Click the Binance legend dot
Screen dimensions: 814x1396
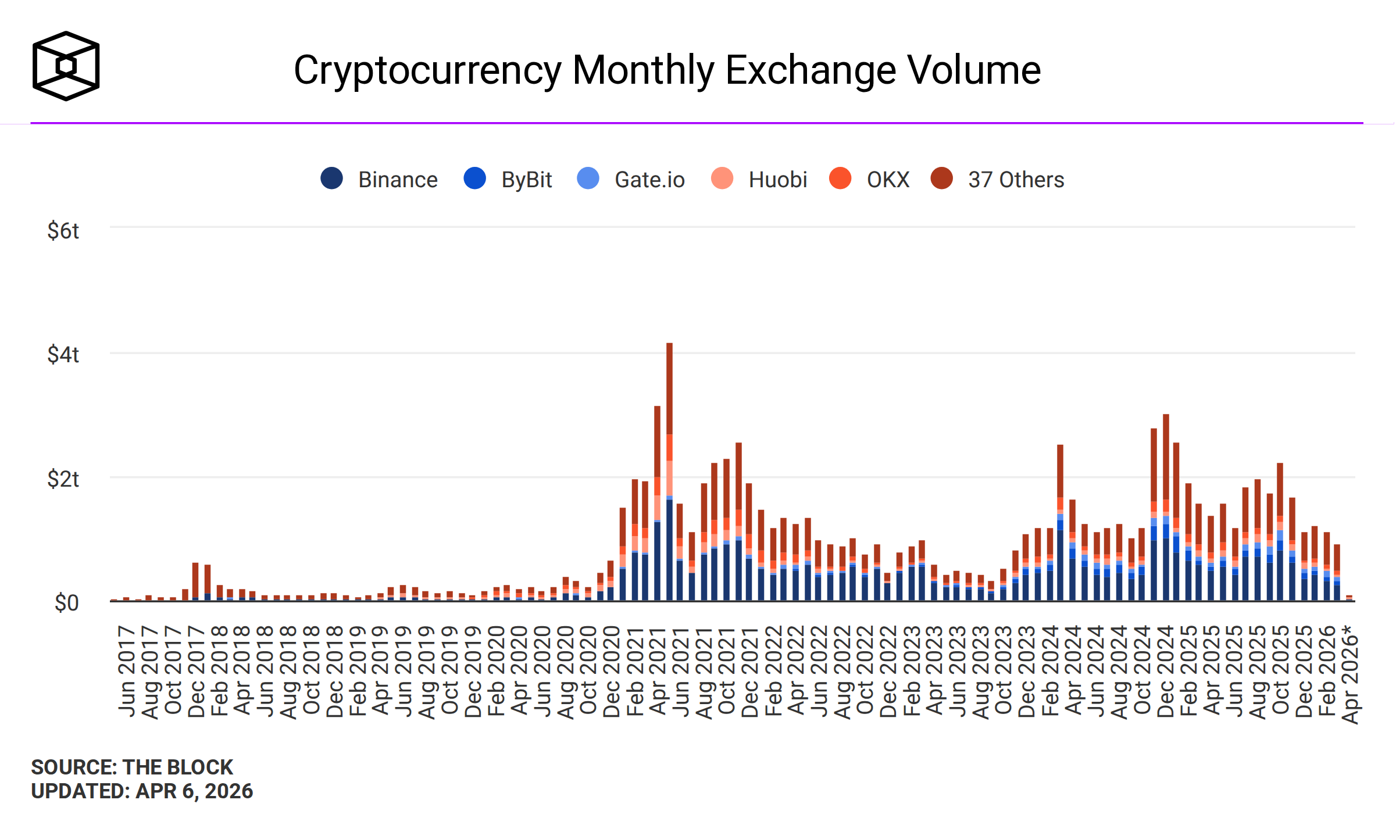[331, 178]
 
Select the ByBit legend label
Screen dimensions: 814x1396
[526, 180]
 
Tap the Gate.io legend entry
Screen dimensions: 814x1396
[649, 180]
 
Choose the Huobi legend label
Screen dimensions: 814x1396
[777, 180]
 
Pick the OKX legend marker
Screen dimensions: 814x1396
[840, 178]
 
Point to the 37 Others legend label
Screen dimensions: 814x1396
[1016, 180]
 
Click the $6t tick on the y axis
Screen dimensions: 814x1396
[63, 231]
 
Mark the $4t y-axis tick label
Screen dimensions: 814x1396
[63, 355]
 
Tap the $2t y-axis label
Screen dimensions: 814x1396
[63, 479]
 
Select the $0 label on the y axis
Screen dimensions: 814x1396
[66, 603]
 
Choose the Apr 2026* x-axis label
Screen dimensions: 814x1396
[1351, 674]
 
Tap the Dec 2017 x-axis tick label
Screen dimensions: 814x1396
[196, 672]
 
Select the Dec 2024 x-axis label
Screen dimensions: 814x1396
[1165, 672]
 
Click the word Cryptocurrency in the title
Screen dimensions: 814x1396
[427, 70]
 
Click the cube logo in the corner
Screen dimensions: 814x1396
[66, 66]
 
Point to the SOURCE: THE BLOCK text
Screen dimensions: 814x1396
[132, 767]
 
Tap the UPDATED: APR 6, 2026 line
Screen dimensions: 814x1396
[142, 791]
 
